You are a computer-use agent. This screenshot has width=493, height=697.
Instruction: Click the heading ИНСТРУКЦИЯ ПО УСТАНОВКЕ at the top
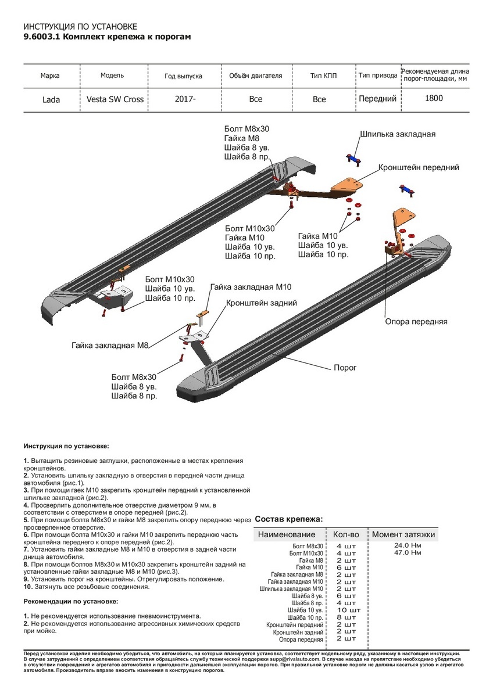click(80, 27)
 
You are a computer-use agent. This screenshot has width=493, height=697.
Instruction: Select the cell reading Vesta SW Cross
click(115, 99)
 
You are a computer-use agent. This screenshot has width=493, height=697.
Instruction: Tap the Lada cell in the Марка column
click(51, 99)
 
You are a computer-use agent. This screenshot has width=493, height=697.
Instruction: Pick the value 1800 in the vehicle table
click(433, 98)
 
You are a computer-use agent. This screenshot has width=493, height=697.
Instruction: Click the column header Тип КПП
click(323, 76)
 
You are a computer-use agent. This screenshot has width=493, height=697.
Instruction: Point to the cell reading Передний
click(377, 99)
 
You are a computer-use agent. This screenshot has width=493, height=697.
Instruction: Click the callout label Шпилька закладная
click(398, 134)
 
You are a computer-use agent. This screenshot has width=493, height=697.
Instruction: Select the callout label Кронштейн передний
click(419, 167)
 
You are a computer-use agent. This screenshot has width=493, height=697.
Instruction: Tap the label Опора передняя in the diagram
click(416, 321)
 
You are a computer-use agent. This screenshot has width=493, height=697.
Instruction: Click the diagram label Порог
click(345, 368)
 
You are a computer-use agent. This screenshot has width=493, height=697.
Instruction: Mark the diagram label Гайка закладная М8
click(111, 346)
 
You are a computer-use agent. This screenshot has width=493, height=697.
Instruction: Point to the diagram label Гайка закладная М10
click(251, 287)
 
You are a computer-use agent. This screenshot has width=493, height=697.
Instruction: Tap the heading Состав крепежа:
click(289, 519)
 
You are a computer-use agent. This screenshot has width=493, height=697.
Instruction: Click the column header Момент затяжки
click(403, 534)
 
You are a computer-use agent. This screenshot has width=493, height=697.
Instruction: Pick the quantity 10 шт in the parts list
click(349, 610)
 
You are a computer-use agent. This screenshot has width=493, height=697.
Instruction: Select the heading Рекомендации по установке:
click(71, 601)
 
